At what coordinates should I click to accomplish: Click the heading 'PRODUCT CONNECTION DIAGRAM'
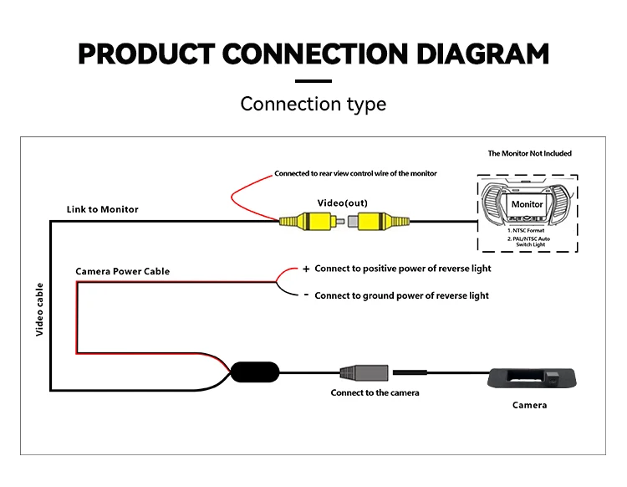[x=313, y=54]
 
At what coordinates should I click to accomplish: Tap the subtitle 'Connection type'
[x=313, y=104]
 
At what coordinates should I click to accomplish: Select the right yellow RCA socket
[x=378, y=221]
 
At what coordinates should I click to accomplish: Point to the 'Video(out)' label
[x=342, y=202]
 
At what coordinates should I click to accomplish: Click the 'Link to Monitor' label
[x=102, y=209]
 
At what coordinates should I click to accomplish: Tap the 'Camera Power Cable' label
[x=122, y=271]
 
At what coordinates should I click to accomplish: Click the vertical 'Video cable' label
[x=39, y=310]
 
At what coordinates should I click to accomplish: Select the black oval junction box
[x=255, y=372]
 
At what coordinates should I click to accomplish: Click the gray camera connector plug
[x=364, y=373]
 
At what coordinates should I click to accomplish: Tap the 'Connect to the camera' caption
[x=375, y=393]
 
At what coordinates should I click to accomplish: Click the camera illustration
[x=532, y=378]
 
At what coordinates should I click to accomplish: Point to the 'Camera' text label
[x=529, y=405]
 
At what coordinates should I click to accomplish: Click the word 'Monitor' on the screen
[x=527, y=204]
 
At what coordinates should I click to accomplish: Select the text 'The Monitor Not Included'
[x=529, y=153]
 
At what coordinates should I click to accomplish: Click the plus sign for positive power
[x=306, y=269]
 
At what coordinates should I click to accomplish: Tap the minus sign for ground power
[x=306, y=295]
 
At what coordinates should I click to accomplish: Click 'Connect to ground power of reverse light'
[x=401, y=295]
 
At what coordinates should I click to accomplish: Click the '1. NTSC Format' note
[x=526, y=230]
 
